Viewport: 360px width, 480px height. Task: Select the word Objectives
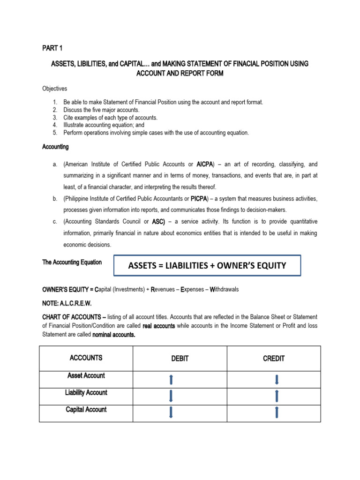point(54,88)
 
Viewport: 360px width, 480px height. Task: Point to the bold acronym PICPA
point(203,199)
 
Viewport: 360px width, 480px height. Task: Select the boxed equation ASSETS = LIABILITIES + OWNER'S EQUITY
point(207,266)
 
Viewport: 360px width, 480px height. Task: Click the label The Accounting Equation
point(72,262)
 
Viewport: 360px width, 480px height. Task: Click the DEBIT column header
point(180,359)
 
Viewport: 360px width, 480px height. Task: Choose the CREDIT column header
point(274,359)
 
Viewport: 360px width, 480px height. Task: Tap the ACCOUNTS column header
point(86,358)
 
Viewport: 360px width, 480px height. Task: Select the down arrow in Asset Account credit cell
point(277,379)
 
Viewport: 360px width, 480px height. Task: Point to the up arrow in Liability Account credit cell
point(277,396)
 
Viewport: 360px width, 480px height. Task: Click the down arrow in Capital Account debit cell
point(171,412)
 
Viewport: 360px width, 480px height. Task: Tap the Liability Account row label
point(86,393)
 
